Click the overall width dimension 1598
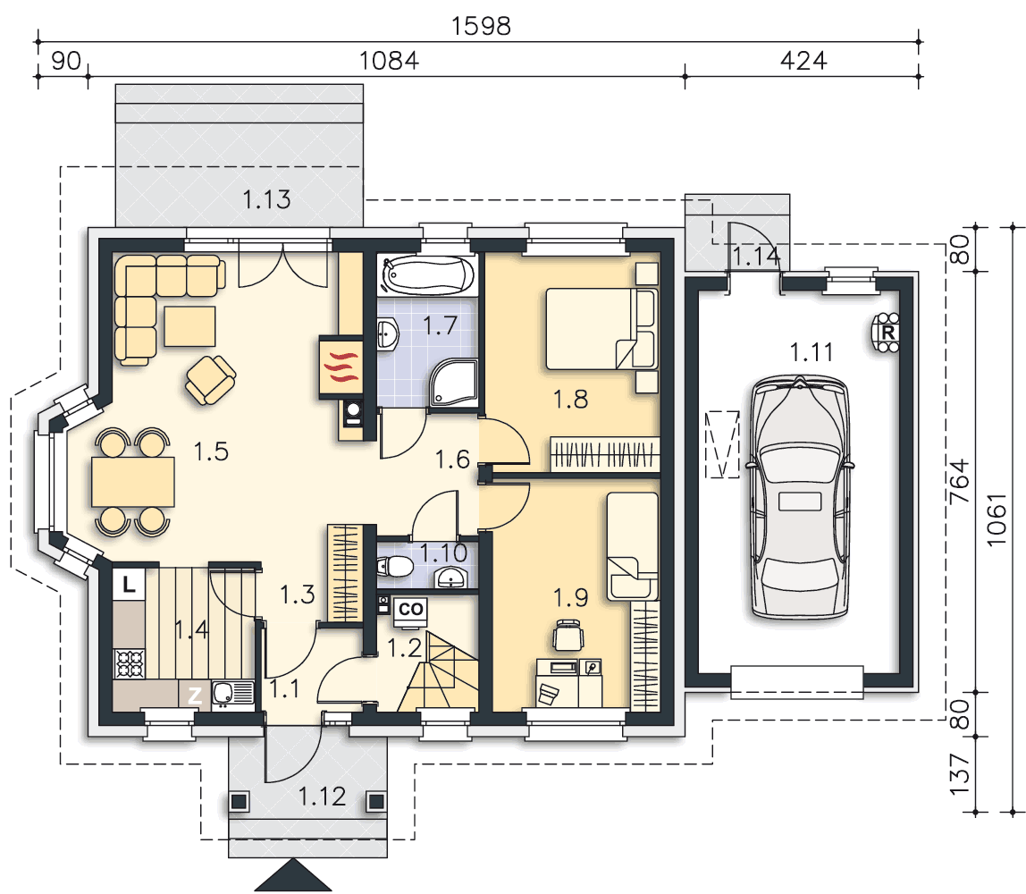[x=481, y=26]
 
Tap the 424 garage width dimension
[x=803, y=61]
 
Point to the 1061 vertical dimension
[x=996, y=520]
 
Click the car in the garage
[x=800, y=497]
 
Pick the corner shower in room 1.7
[x=453, y=383]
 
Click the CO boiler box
[x=410, y=610]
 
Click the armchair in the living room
[x=211, y=380]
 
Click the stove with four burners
[x=130, y=663]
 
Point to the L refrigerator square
[x=129, y=585]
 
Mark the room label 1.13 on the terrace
[x=266, y=199]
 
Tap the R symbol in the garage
[x=888, y=333]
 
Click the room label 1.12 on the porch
[x=322, y=797]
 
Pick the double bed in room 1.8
[x=601, y=328]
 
